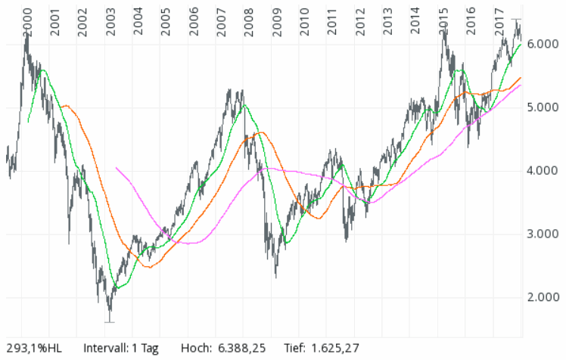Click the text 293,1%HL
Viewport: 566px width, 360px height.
31,349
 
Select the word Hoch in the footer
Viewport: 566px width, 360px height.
195,349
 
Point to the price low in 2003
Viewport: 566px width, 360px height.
110,321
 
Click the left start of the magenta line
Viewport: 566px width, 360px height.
116,168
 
